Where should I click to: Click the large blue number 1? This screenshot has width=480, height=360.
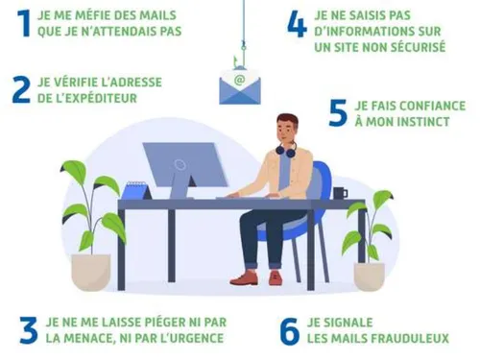pos(24,23)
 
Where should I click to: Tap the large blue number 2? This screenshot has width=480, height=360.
pos(21,90)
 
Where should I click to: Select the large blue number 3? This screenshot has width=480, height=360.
pos(28,330)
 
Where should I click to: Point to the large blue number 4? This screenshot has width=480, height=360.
pos(297,24)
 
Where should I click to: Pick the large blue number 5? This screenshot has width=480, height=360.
pos(338,112)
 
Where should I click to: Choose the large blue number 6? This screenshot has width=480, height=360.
pos(290,331)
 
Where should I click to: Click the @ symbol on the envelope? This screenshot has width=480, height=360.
pos(239,80)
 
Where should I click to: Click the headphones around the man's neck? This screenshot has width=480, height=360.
pos(286,149)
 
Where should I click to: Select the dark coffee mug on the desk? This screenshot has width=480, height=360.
pos(340,193)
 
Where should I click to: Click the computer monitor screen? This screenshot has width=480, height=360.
pos(185,164)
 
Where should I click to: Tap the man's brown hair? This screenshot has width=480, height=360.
pos(288,120)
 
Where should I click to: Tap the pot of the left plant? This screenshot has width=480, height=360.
pos(91,272)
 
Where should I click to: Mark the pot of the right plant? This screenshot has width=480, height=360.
pos(370,276)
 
